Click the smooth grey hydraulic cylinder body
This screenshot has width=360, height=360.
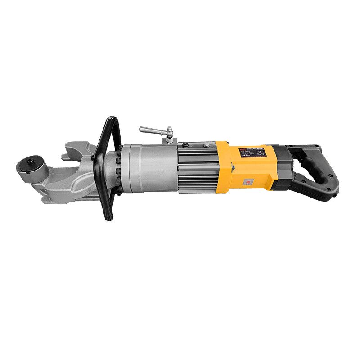148,166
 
